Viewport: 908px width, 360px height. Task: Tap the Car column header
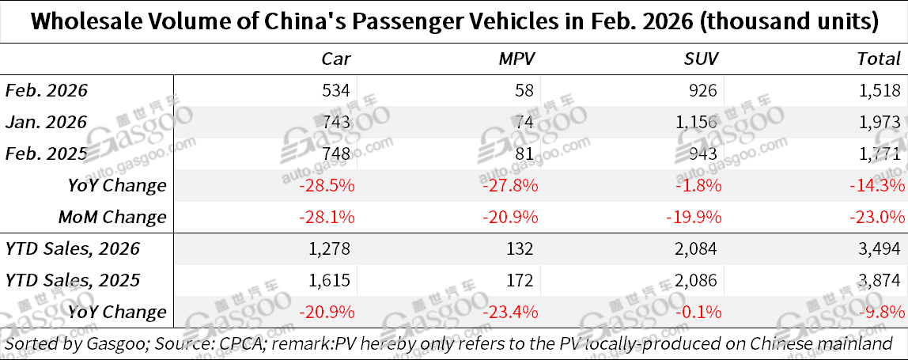pos(335,58)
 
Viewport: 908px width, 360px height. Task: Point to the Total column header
pos(879,58)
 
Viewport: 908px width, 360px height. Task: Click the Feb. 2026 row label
pos(47,90)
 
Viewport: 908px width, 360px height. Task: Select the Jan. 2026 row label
pos(46,122)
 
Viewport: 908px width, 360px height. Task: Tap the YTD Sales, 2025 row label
pos(73,280)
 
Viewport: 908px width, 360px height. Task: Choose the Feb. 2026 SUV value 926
pos(706,90)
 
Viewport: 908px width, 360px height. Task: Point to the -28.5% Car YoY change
pos(326,185)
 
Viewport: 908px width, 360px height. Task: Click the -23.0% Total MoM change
pos(876,217)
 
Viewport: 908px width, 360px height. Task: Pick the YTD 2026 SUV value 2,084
pos(699,248)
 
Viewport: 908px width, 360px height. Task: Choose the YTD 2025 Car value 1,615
pos(332,280)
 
